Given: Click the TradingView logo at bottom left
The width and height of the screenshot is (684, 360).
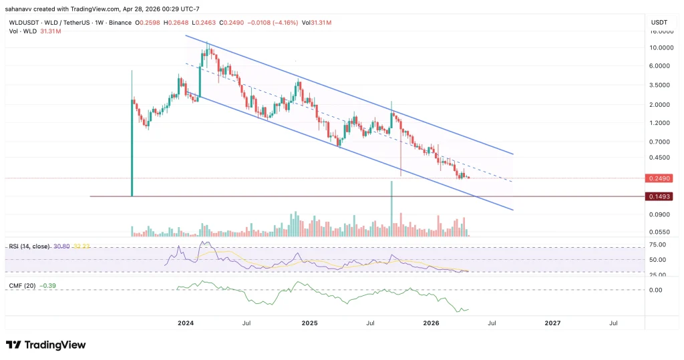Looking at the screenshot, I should tap(46, 345).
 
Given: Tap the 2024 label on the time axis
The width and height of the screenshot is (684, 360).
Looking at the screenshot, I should tap(186, 323).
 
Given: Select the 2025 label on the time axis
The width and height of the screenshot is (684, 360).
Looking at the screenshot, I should tap(309, 323).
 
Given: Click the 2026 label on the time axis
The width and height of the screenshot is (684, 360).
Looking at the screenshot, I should tap(431, 323).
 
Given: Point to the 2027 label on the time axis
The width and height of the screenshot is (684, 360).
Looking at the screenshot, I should tap(552, 323).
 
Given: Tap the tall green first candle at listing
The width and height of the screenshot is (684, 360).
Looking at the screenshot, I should tap(132, 134).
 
